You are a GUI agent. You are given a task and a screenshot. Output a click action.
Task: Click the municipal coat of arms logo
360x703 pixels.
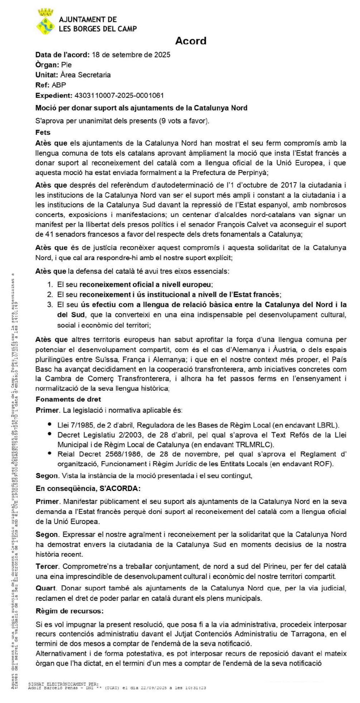(x=45, y=22)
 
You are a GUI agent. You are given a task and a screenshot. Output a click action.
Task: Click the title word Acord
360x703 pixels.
(x=190, y=41)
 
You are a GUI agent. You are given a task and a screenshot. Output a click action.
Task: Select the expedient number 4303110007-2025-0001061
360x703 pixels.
(x=119, y=95)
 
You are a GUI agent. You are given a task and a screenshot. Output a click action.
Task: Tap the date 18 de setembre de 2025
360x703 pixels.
(x=131, y=55)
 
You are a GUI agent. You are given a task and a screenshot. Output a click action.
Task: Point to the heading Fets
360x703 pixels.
(x=43, y=132)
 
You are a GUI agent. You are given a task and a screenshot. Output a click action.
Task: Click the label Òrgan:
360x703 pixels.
(x=47, y=65)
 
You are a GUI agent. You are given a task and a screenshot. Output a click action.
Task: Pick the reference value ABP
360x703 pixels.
(x=59, y=85)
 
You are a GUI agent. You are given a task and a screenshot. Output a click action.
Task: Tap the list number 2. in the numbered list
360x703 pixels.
(x=50, y=295)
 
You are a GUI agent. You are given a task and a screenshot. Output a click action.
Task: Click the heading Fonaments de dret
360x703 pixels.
(x=68, y=399)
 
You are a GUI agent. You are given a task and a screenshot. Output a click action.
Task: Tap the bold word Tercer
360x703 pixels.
(x=47, y=567)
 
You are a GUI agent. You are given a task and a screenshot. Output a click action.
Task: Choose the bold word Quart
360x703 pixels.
(x=46, y=588)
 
